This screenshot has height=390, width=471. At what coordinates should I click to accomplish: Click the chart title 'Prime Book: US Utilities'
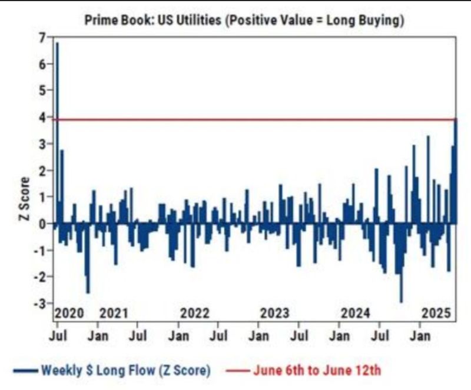coord(245,21)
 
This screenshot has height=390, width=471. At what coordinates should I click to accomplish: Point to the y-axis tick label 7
coord(41,38)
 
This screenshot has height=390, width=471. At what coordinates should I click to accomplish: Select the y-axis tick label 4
coord(41,118)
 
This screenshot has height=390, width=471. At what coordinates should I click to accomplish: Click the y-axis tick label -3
coord(40,304)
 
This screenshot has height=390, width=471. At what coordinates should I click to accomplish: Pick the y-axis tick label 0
coord(41,224)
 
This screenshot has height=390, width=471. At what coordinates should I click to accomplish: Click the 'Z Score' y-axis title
coord(25,198)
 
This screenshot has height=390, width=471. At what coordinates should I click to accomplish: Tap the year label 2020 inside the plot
coord(69,313)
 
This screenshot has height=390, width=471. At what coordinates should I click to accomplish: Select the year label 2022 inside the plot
coord(194,313)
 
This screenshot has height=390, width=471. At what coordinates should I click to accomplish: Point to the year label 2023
coord(274,313)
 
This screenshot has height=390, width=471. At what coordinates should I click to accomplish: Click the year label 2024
coord(355,313)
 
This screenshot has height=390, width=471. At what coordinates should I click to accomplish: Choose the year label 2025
coord(436,313)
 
